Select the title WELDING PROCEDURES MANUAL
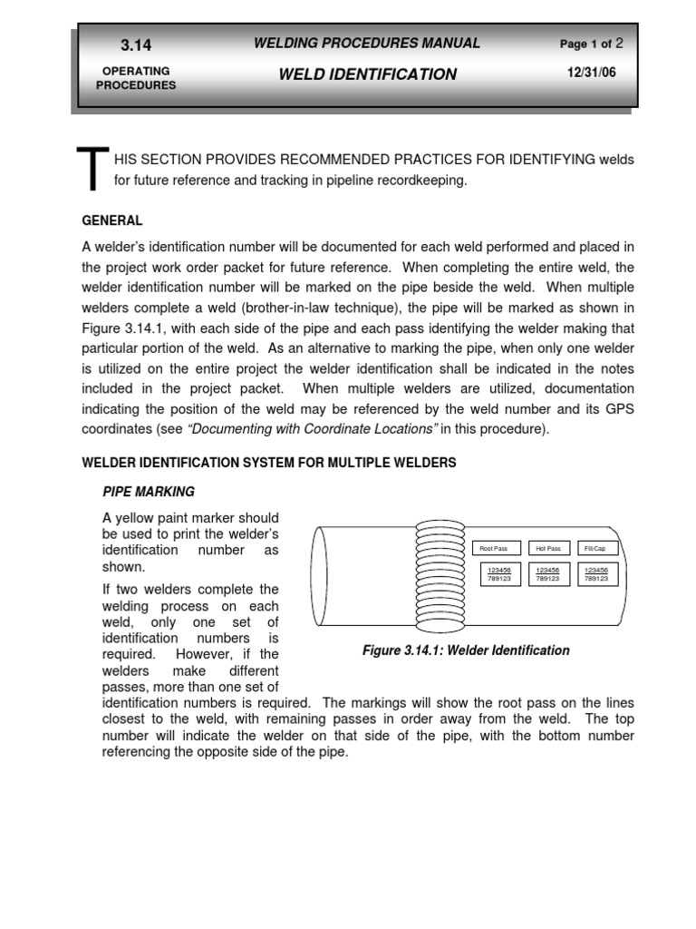(x=367, y=44)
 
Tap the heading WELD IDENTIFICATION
(x=367, y=74)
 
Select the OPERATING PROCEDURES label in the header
(x=136, y=78)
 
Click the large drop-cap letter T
(x=92, y=171)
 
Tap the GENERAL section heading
(x=112, y=220)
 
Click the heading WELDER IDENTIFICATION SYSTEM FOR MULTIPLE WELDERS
(x=269, y=463)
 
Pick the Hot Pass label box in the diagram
(x=548, y=548)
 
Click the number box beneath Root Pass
(x=499, y=574)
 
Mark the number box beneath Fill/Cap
(x=596, y=574)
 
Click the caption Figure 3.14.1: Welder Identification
(x=466, y=650)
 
